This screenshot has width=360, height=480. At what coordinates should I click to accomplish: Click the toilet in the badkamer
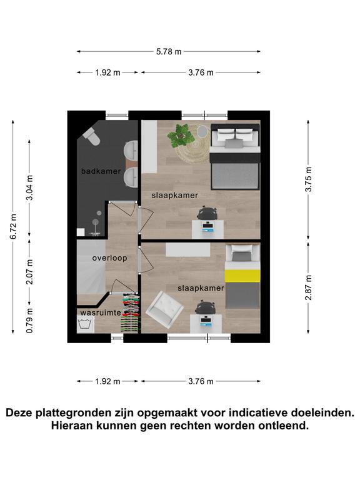92,136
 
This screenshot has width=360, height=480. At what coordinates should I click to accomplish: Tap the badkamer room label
101,171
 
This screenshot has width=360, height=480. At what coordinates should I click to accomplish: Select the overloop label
109,258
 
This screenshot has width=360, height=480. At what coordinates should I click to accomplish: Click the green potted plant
181,136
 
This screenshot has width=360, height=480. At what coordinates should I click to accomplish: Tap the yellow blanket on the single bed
242,276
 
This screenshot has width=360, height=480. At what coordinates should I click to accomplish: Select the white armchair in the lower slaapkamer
165,310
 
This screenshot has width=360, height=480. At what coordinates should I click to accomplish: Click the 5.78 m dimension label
169,51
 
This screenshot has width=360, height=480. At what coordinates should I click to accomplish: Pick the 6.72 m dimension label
14,226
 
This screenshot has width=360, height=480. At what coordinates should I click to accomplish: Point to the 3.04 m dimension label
30,187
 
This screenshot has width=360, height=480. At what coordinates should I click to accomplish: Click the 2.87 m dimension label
309,287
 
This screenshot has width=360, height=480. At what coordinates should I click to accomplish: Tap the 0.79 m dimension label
30,321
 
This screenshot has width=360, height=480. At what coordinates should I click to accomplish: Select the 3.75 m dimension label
309,179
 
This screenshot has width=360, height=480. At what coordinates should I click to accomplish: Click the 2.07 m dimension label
30,271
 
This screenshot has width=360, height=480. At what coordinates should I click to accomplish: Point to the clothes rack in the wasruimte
131,312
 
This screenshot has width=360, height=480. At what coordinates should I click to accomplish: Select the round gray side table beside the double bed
202,132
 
